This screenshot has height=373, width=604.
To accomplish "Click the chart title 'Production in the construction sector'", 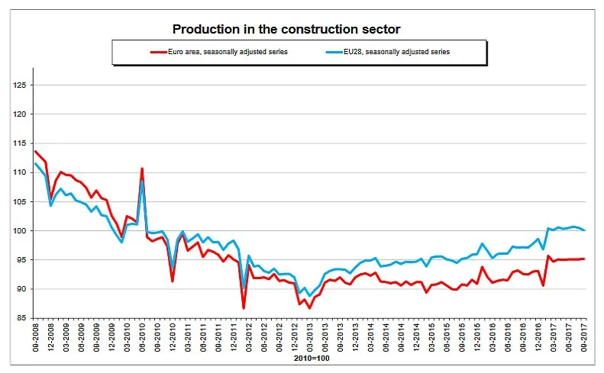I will (286, 29).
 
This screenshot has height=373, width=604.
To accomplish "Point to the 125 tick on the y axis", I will (20, 85).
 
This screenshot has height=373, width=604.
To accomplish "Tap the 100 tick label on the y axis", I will (20, 231).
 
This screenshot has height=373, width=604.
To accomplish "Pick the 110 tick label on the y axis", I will (20, 173).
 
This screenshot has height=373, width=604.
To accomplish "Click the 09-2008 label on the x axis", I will (36, 337).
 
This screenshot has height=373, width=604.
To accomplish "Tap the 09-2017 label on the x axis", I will (585, 337).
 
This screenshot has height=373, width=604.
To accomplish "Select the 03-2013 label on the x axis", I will (310, 337).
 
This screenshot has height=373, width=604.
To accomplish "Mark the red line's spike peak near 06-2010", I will (142, 169).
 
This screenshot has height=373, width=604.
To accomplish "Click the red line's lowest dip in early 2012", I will (244, 308).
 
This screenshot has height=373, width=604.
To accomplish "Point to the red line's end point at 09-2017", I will (585, 259).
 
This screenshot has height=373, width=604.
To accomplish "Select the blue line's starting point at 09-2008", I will (35, 163).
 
